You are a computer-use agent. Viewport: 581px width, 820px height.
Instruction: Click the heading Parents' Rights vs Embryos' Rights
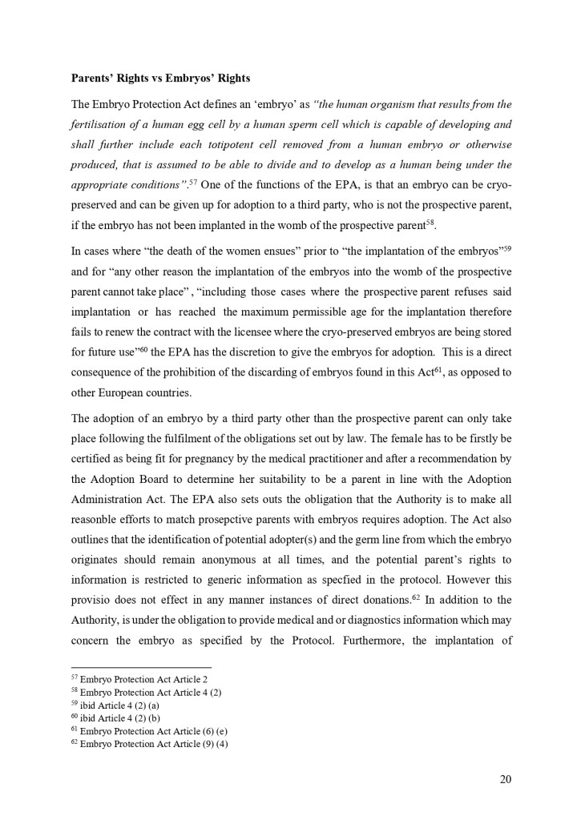[x=160, y=78]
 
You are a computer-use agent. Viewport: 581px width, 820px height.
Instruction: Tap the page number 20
[x=505, y=779]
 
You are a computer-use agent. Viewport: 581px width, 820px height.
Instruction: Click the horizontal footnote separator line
[x=141, y=667]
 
